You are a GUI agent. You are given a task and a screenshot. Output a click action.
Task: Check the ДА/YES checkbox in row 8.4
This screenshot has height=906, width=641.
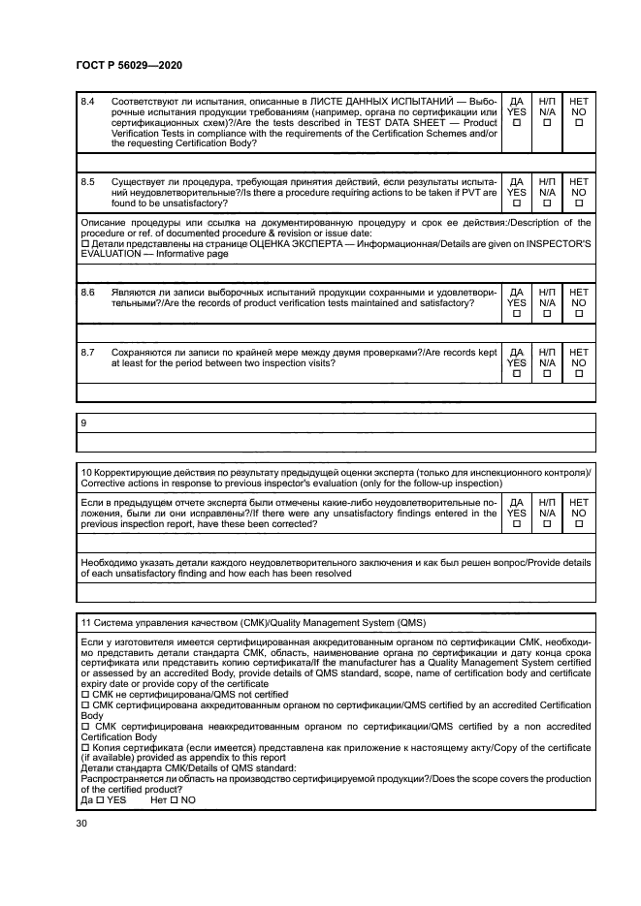516,123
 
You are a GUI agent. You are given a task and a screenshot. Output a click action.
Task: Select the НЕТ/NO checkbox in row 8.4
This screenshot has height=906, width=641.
579,123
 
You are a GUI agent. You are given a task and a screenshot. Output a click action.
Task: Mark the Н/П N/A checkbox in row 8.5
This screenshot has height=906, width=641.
547,203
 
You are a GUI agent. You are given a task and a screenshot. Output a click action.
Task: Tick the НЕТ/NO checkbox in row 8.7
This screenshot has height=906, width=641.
579,375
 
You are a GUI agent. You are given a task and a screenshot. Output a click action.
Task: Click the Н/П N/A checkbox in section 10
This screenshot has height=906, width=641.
547,524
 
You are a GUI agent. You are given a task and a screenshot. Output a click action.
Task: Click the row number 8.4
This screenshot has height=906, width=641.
88,102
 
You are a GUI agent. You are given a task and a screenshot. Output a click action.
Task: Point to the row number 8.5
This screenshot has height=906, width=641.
88,181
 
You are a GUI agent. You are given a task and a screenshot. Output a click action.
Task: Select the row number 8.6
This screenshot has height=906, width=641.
88,292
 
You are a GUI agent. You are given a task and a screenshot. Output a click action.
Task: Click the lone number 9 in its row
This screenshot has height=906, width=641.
83,422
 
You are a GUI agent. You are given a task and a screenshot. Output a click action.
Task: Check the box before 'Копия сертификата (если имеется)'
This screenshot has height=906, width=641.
85,747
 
